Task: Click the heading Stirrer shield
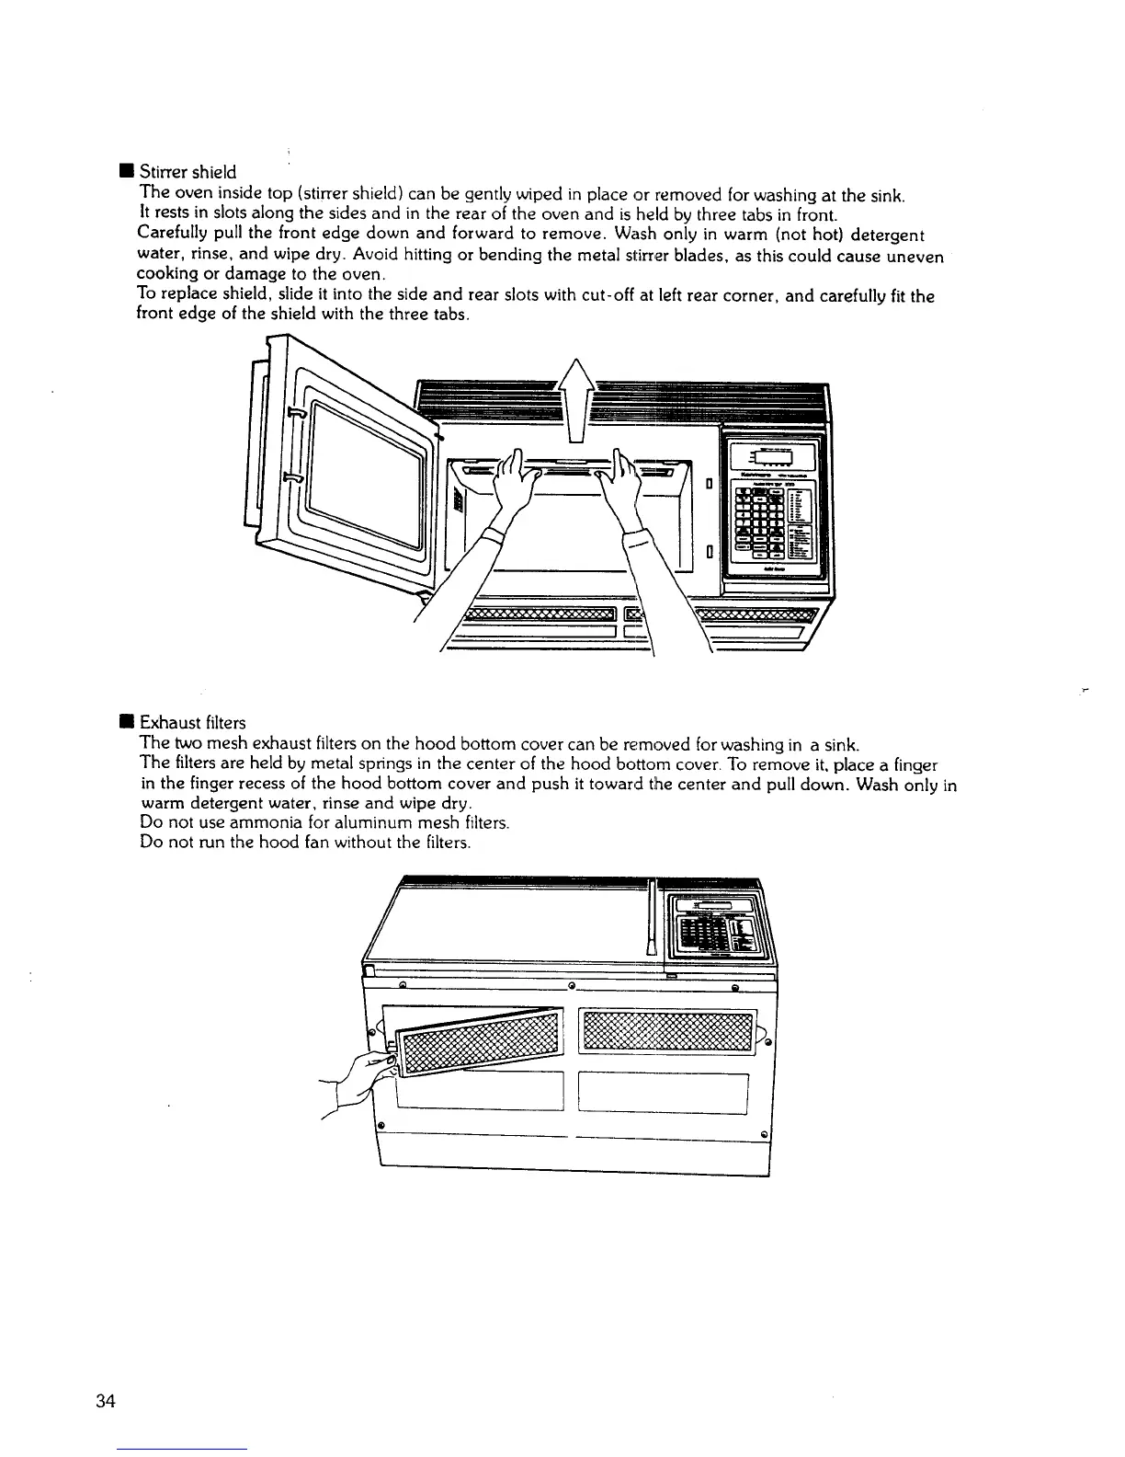[x=187, y=172]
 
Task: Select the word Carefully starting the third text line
[x=175, y=234]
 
